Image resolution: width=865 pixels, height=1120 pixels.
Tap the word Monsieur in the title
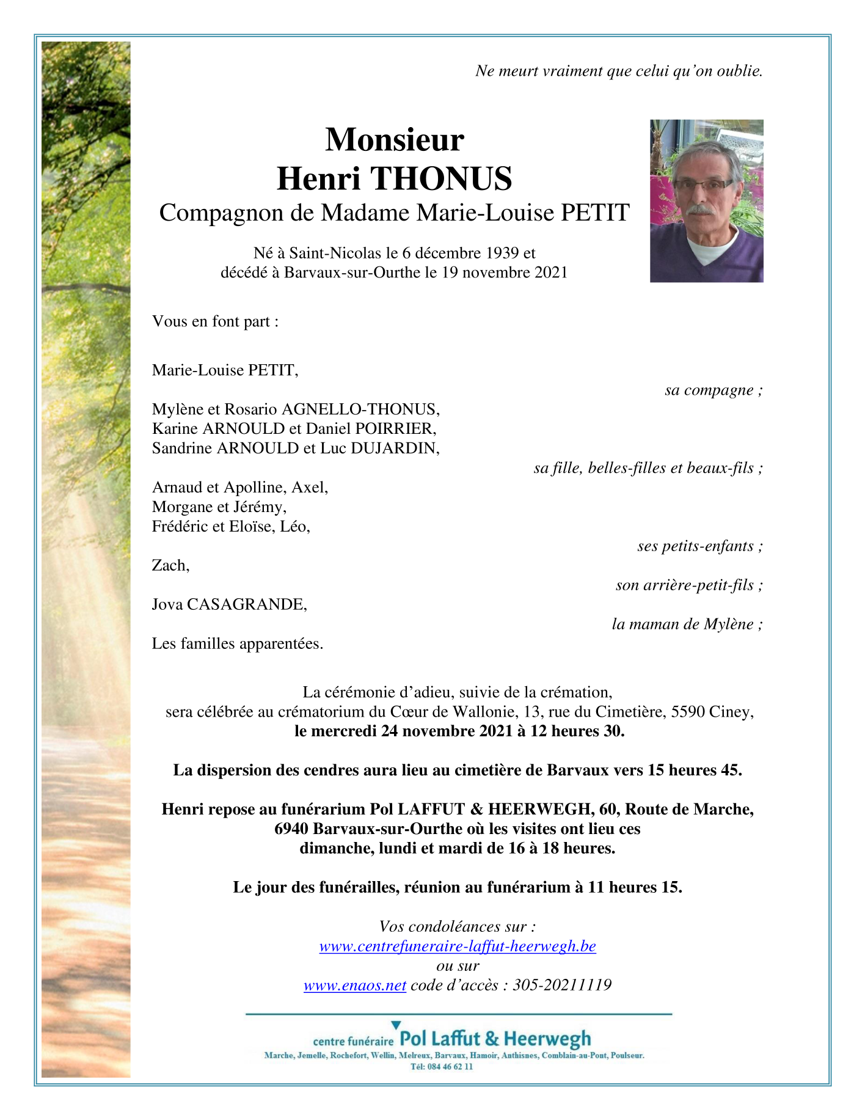[394, 139]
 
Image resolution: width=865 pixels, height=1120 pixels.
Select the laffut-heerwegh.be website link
[457, 946]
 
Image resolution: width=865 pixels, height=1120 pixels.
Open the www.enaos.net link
[354, 986]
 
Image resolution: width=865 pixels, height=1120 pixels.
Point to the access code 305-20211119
[561, 986]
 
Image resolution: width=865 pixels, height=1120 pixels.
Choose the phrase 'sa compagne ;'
[714, 390]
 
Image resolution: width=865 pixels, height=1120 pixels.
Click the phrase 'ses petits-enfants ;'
[699, 546]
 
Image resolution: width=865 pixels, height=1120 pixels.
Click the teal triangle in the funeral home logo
[396, 1025]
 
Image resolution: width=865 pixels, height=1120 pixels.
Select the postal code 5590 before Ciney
[688, 712]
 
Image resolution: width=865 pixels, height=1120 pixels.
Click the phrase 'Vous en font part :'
[215, 321]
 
